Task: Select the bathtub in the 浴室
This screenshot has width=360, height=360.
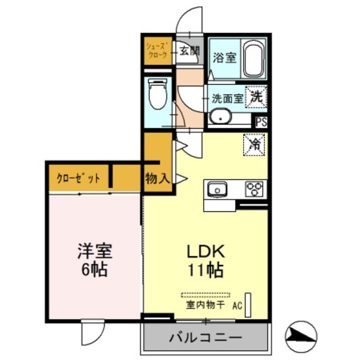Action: coord(254,60)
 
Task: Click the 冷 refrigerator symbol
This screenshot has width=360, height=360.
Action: coord(254,144)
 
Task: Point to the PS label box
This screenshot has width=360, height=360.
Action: coord(261,121)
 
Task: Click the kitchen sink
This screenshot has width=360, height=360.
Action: coord(217,189)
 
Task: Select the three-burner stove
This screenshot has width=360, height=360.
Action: coord(254,189)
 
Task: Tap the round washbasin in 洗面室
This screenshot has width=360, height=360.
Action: coord(220,118)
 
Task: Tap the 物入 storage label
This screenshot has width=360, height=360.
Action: coord(157,179)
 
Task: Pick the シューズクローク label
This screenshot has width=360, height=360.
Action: coord(157,50)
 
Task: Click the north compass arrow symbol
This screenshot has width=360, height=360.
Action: coord(301,336)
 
